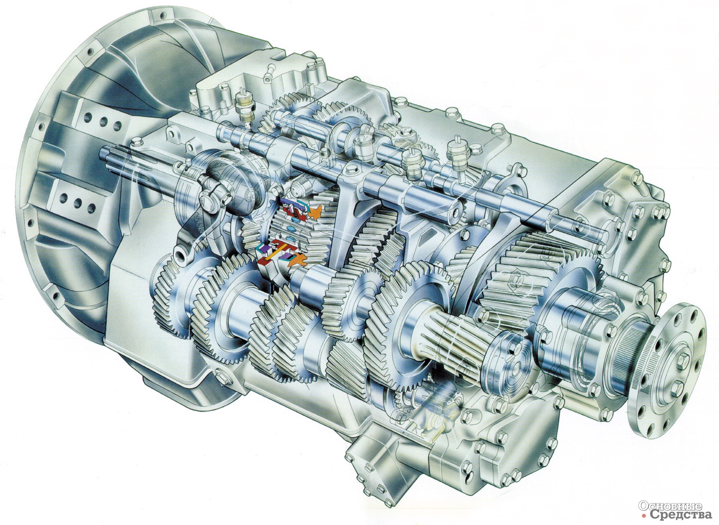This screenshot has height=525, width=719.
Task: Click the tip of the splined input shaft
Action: pos(105,150)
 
